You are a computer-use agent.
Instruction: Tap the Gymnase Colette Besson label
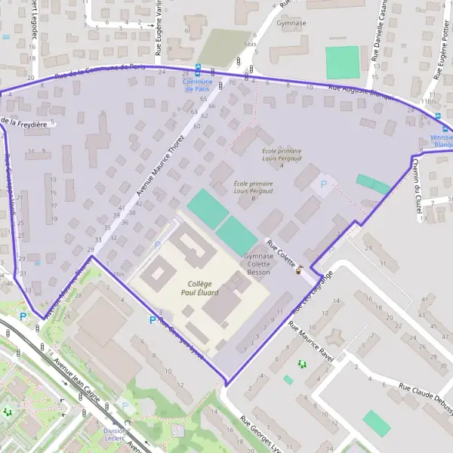click(x=259, y=264)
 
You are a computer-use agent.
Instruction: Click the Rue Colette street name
click(x=281, y=253)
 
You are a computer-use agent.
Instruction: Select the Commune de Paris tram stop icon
click(x=198, y=69)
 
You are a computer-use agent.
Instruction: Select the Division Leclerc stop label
click(x=115, y=436)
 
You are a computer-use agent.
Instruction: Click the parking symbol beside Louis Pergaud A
click(x=325, y=183)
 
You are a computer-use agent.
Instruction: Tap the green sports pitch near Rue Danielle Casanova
click(x=342, y=62)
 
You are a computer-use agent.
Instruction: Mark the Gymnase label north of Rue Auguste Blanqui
click(x=291, y=23)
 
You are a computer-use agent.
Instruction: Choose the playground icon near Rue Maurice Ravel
click(x=303, y=364)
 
